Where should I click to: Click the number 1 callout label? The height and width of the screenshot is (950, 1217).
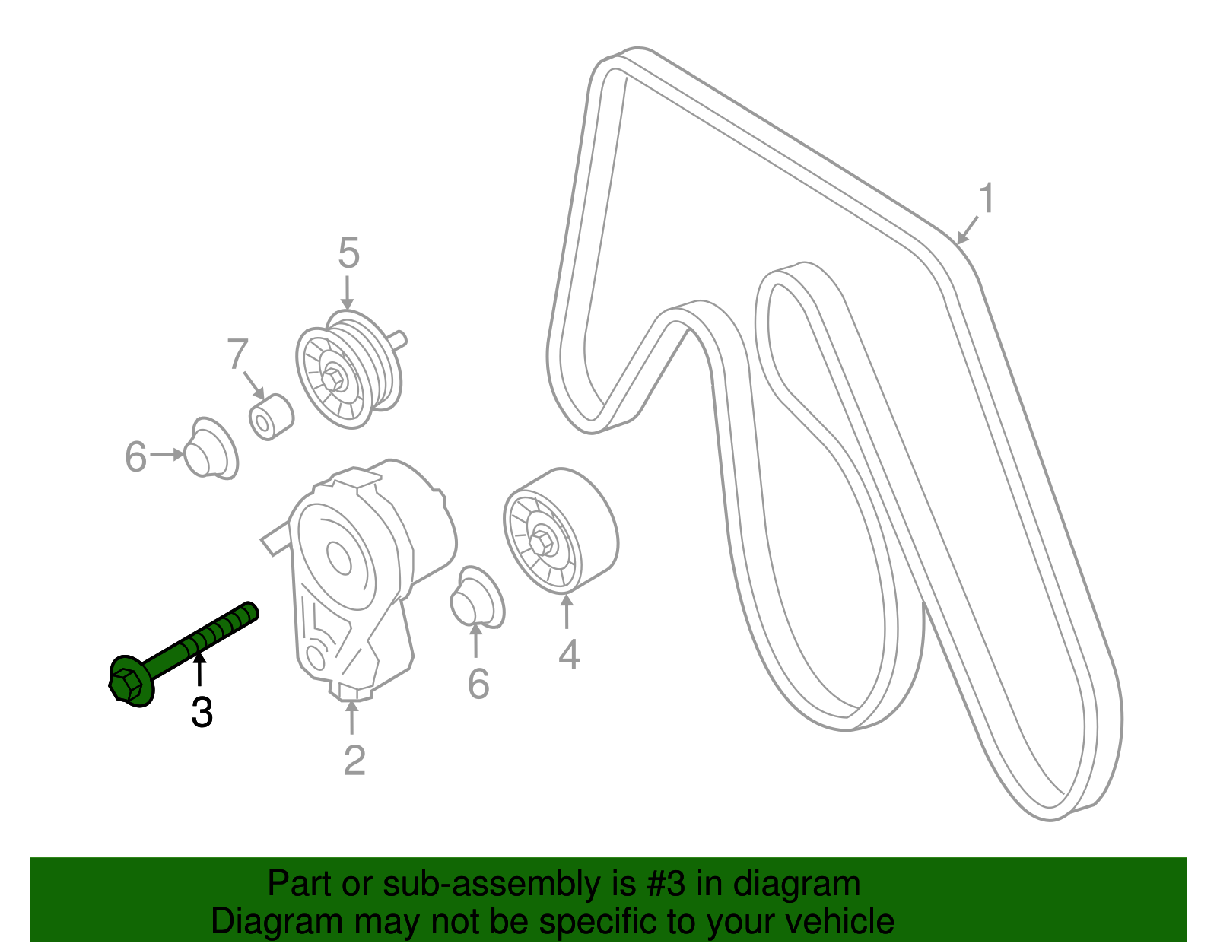click(987, 198)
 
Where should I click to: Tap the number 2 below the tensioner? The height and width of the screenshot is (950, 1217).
click(354, 760)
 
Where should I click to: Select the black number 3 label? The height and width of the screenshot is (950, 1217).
click(202, 712)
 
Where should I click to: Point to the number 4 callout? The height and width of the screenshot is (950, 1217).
click(569, 654)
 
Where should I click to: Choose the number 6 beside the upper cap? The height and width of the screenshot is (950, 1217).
click(135, 456)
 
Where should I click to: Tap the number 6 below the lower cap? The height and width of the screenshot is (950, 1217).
click(478, 684)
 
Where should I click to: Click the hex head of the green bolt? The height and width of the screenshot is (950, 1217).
click(126, 685)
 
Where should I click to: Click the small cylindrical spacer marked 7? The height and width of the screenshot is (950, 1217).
click(271, 417)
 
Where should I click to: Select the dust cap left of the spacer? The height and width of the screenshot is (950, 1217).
click(211, 449)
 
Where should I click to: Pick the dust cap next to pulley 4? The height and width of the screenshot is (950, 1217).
click(477, 598)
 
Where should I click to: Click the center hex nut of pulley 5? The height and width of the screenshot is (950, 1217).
click(333, 379)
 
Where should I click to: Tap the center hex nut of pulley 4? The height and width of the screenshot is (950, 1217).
click(541, 543)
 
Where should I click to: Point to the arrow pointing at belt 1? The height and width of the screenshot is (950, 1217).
click(967, 230)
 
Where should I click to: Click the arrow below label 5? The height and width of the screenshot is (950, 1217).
click(348, 292)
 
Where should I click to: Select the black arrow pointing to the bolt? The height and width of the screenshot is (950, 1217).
click(199, 669)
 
